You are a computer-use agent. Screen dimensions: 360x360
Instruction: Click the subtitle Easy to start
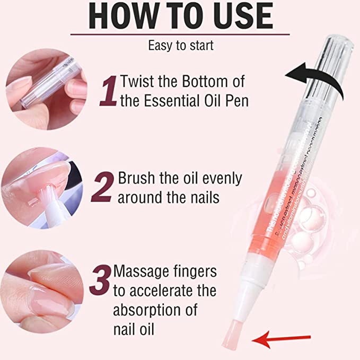click(180, 46)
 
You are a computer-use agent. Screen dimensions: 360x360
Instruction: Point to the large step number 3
click(100, 281)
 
